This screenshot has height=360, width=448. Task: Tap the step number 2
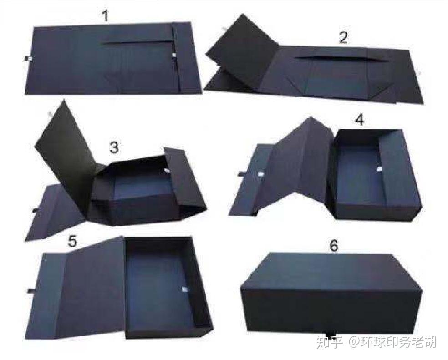pyautogui.click(x=343, y=37)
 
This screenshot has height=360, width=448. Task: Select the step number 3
pyautogui.click(x=114, y=148)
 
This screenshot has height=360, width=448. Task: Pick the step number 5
pyautogui.click(x=73, y=241)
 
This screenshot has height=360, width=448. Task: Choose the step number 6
pyautogui.click(x=334, y=246)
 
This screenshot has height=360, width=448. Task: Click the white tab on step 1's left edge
pyautogui.click(x=28, y=59)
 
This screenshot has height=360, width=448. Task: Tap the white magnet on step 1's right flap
pyautogui.click(x=174, y=56)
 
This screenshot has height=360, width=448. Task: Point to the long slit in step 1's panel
pyautogui.click(x=137, y=43)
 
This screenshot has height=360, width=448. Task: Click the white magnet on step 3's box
pyautogui.click(x=167, y=172)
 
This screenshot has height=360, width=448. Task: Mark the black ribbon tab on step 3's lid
pyautogui.click(x=35, y=211)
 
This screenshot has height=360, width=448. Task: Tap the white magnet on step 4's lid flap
pyautogui.click(x=261, y=174)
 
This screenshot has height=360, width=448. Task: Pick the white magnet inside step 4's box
pyautogui.click(x=379, y=170)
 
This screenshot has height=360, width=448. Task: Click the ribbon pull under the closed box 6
pyautogui.click(x=331, y=334)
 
